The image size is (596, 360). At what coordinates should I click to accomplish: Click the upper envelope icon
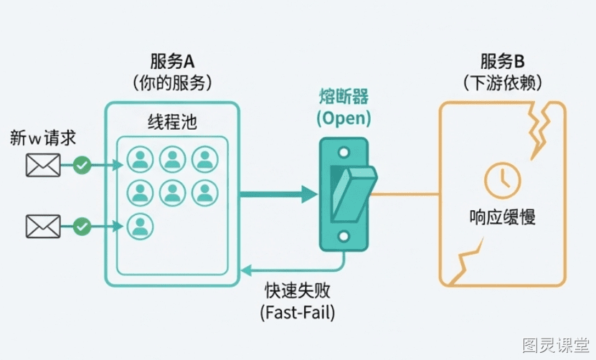pyautogui.click(x=43, y=165)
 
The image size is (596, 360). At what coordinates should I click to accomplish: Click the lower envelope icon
pyautogui.click(x=43, y=227)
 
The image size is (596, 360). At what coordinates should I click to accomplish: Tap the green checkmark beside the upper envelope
pyautogui.click(x=82, y=165)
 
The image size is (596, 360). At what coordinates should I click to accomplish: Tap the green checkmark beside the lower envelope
pyautogui.click(x=82, y=227)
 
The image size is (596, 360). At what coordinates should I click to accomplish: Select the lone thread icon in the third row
pyautogui.click(x=141, y=227)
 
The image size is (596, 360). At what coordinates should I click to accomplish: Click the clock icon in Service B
pyautogui.click(x=503, y=180)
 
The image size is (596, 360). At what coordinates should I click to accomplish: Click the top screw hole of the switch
pyautogui.click(x=344, y=153)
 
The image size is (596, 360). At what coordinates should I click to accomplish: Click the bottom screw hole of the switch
pyautogui.click(x=344, y=237)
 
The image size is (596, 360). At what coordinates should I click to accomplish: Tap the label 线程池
pyautogui.click(x=172, y=122)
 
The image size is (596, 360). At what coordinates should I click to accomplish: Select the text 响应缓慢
pyautogui.click(x=503, y=217)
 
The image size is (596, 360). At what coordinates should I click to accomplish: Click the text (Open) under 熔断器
pyautogui.click(x=344, y=118)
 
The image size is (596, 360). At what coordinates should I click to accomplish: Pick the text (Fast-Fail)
pyautogui.click(x=298, y=313)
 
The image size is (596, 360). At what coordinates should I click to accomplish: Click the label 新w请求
pyautogui.click(x=43, y=138)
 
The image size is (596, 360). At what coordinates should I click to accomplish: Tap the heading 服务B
pyautogui.click(x=503, y=62)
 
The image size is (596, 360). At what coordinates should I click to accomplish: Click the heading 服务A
pyautogui.click(x=172, y=62)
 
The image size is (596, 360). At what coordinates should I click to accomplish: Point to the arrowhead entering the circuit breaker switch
pyautogui.click(x=310, y=194)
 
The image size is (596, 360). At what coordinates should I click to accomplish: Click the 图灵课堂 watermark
pyautogui.click(x=556, y=345)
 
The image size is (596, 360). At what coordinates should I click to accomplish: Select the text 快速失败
pyautogui.click(x=298, y=291)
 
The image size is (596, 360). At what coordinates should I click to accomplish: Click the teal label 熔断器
pyautogui.click(x=344, y=96)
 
